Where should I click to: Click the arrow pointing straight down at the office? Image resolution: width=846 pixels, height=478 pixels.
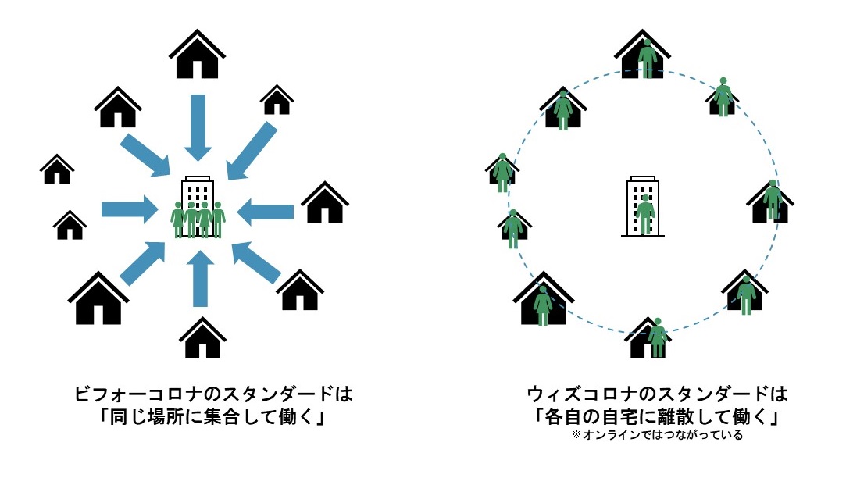197,125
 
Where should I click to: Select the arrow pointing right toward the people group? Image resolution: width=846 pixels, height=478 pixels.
128,209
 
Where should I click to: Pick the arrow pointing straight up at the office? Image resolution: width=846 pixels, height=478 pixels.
198,280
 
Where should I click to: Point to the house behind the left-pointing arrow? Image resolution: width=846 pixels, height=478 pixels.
324,203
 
